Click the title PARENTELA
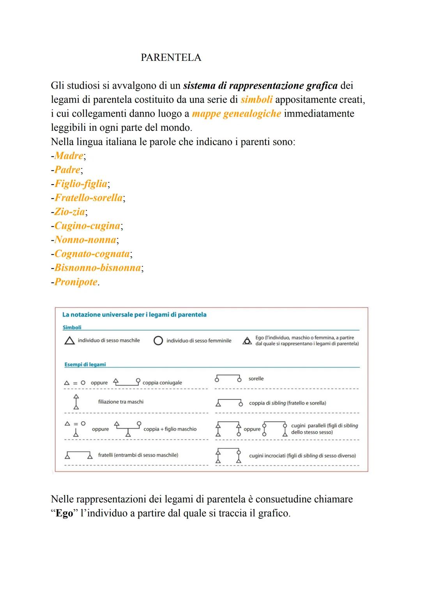(171, 58)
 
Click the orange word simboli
(256, 99)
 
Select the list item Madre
(69, 156)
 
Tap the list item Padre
(67, 170)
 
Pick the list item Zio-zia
(70, 212)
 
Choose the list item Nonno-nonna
(85, 240)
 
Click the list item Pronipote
(76, 282)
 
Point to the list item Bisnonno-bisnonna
(97, 268)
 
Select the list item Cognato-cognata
(92, 254)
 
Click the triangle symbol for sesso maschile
(69, 341)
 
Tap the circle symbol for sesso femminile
(158, 341)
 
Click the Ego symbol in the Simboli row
(247, 341)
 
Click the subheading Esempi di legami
(85, 364)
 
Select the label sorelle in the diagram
(256, 379)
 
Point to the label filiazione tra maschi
(121, 402)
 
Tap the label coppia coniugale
(162, 383)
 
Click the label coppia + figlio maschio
(170, 429)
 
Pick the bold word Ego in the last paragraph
(64, 513)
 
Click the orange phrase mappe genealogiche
(236, 114)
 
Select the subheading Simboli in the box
(72, 328)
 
